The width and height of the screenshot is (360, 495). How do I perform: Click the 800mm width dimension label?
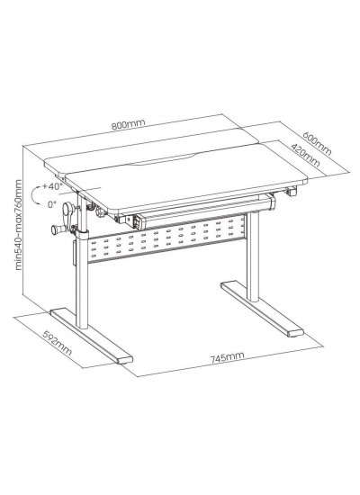(128, 124)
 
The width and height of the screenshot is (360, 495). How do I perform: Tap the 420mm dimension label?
(305, 156)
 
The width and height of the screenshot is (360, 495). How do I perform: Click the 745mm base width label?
(228, 357)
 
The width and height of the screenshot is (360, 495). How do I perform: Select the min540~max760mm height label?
(19, 225)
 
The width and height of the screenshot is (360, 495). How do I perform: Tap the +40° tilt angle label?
(51, 186)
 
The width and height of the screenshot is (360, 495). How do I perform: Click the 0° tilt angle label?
(51, 204)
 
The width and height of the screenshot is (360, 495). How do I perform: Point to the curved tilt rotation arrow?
(33, 195)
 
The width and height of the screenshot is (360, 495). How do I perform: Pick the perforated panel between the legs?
(167, 238)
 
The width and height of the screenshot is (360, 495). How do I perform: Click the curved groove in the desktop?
(164, 159)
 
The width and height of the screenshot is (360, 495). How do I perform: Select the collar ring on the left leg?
(83, 236)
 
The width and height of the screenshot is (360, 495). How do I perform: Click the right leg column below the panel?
(253, 272)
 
